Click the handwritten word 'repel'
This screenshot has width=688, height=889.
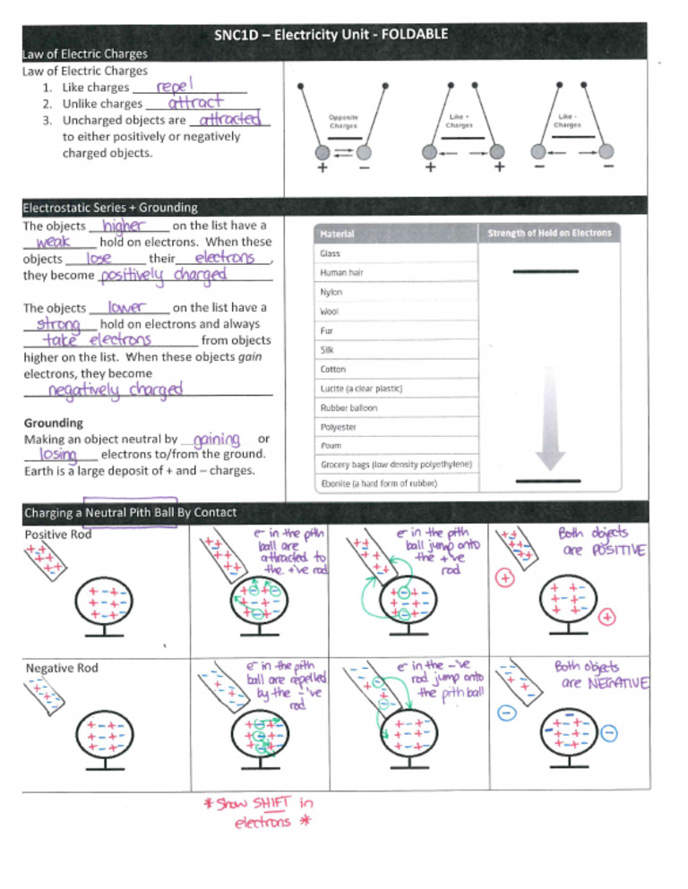click(176, 87)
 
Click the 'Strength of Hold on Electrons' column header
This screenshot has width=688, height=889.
click(550, 233)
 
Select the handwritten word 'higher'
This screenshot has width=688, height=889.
click(125, 227)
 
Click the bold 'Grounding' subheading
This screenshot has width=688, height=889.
click(53, 423)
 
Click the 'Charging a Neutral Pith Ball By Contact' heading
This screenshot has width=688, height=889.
click(131, 513)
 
